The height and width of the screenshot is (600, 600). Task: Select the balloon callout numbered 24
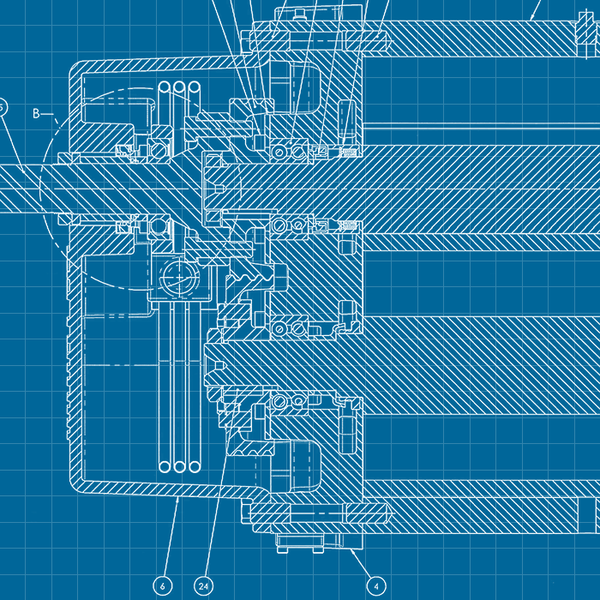(203, 585)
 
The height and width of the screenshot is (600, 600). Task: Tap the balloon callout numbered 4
(375, 585)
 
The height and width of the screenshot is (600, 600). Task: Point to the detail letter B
(37, 113)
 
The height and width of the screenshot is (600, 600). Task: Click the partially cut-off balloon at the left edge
(3, 106)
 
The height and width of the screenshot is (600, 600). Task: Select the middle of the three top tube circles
(180, 88)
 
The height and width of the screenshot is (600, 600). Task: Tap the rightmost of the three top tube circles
(195, 88)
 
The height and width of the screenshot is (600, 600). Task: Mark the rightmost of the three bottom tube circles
(195, 466)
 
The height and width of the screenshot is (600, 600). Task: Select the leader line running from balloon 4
(363, 566)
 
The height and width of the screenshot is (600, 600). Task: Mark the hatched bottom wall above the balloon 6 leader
(171, 488)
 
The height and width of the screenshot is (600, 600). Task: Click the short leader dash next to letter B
(50, 113)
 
